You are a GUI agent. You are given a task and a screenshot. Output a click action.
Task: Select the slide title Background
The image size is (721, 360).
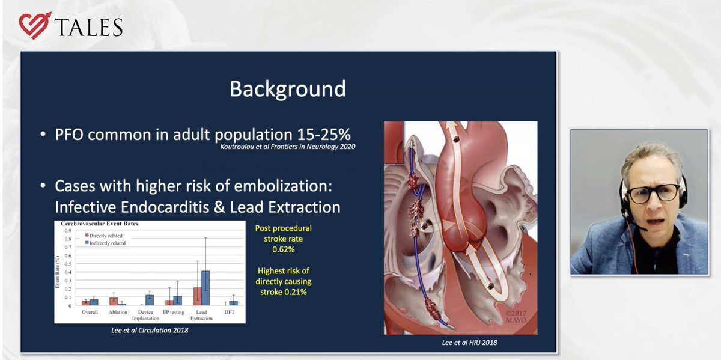[x=288, y=89]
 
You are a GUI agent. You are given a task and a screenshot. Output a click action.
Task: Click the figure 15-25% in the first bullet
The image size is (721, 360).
[x=323, y=134]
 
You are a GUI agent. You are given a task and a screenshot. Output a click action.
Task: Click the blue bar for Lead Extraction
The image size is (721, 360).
[x=205, y=288]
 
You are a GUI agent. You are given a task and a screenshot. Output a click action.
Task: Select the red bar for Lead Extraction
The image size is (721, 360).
[x=197, y=296]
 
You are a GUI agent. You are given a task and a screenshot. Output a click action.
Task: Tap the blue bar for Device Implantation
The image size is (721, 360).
[x=150, y=300]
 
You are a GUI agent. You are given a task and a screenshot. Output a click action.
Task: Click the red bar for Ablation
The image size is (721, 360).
[x=113, y=301]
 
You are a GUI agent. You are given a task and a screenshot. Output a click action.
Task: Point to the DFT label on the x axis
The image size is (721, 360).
[x=230, y=313]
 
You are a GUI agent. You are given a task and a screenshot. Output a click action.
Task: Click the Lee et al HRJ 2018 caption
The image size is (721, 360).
[x=461, y=341]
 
